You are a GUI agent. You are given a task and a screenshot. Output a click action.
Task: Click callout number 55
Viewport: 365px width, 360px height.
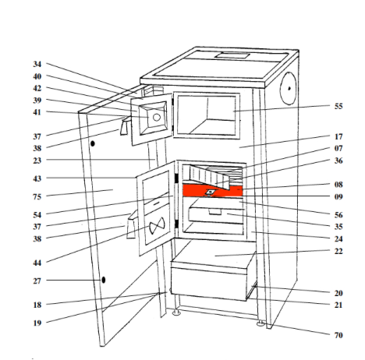pyautogui.click(x=338, y=106)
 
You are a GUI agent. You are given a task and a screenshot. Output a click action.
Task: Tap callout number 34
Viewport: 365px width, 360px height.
pyautogui.click(x=37, y=64)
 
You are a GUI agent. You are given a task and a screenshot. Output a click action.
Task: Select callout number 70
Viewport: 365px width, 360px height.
pyautogui.click(x=338, y=335)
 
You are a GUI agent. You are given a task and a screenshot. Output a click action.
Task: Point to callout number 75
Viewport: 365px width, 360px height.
pyautogui.click(x=37, y=197)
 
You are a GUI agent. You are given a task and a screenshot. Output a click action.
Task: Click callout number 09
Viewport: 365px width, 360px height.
pyautogui.click(x=338, y=196)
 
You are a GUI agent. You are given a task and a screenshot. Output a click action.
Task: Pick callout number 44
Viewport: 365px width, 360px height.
pyautogui.click(x=37, y=263)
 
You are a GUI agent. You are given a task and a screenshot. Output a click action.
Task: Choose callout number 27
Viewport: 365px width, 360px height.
pyautogui.click(x=37, y=281)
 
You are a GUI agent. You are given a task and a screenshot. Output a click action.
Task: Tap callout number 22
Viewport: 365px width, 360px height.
pyautogui.click(x=338, y=251)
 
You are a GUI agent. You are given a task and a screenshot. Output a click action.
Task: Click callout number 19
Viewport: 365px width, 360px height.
pyautogui.click(x=37, y=323)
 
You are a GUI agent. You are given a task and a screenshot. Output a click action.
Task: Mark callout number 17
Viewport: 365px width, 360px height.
pyautogui.click(x=338, y=136)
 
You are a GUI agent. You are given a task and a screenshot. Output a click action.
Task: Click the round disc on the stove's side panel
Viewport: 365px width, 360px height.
pyautogui.click(x=288, y=88)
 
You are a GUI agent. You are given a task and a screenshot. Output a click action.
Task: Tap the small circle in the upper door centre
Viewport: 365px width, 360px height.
pyautogui.click(x=157, y=118)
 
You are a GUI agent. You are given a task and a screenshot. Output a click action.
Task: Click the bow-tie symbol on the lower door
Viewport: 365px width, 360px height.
pyautogui.click(x=157, y=225)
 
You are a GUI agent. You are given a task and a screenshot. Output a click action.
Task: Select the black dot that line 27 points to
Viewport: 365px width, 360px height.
pyautogui.click(x=104, y=280)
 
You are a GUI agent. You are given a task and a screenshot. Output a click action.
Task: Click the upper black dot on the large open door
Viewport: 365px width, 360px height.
pyautogui.click(x=92, y=143)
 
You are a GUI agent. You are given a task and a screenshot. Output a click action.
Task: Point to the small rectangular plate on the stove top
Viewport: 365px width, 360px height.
pyautogui.click(x=232, y=55)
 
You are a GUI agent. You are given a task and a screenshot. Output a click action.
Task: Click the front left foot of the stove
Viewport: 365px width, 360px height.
pyautogui.click(x=176, y=312)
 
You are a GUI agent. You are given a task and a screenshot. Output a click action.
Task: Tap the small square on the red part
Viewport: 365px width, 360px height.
pyautogui.click(x=210, y=192)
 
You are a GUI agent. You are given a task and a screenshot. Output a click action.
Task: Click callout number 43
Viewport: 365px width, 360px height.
pyautogui.click(x=37, y=178)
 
